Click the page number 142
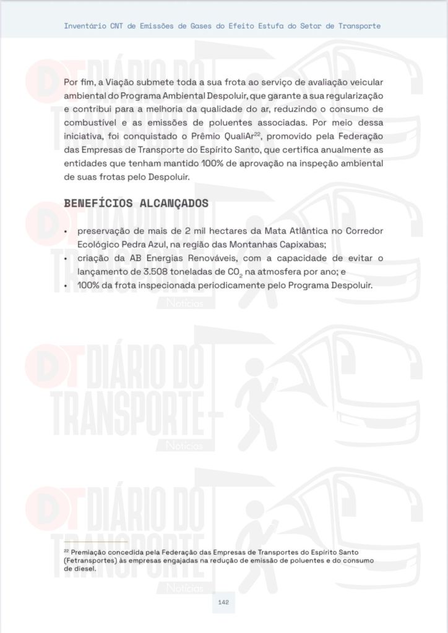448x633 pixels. click(x=223, y=602)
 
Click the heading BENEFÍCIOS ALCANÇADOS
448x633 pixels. click(x=136, y=203)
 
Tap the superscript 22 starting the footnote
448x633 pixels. click(x=66, y=550)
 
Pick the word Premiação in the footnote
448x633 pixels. click(x=92, y=551)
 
